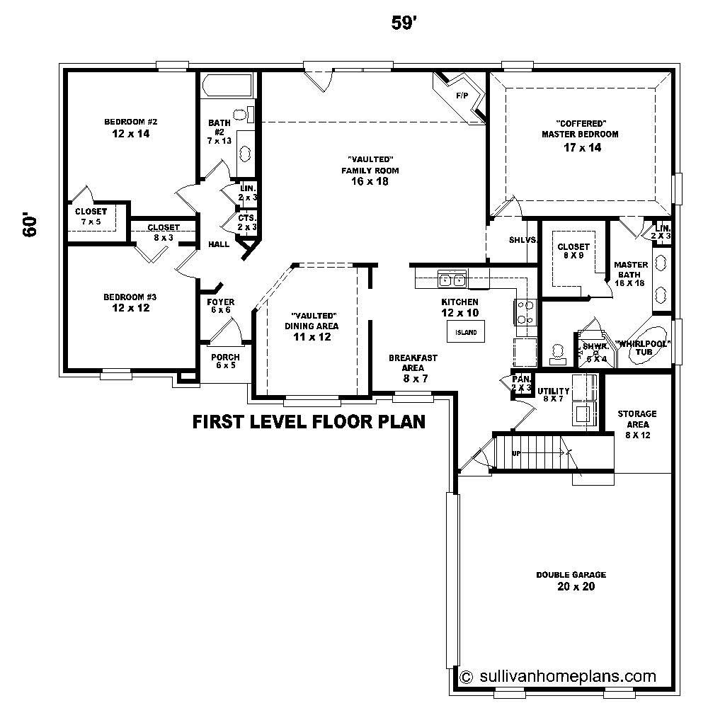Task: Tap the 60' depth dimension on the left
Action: pyautogui.click(x=30, y=224)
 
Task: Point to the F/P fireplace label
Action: pyautogui.click(x=462, y=95)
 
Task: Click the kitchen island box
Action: pyautogui.click(x=462, y=331)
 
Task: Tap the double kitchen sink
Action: pyautogui.click(x=452, y=280)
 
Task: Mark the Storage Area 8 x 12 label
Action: pyautogui.click(x=636, y=423)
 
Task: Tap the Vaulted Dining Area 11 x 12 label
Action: pyautogui.click(x=312, y=326)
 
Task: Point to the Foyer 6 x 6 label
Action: pyautogui.click(x=220, y=306)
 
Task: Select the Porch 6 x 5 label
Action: pyautogui.click(x=225, y=361)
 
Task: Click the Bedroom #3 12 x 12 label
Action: pyautogui.click(x=131, y=302)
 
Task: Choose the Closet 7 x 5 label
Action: pyautogui.click(x=91, y=217)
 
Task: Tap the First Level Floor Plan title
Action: pyautogui.click(x=309, y=423)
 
